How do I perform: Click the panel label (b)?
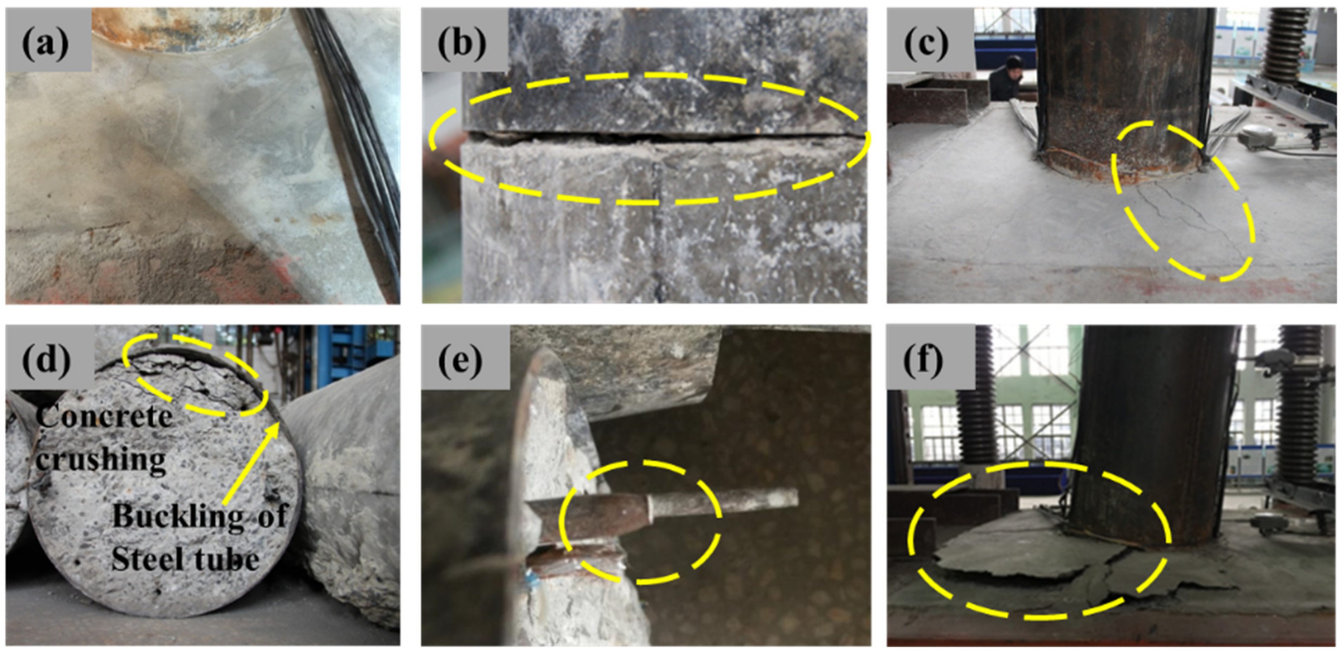point(462,43)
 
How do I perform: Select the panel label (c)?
point(927,43)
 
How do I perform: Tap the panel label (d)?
point(46,360)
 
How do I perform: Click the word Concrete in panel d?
point(104,416)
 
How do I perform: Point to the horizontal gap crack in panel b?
point(662,138)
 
